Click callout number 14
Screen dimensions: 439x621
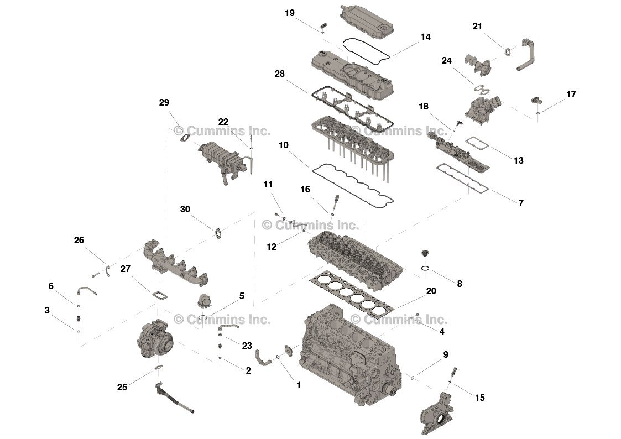coord(425,37)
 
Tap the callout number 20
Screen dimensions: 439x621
coord(431,291)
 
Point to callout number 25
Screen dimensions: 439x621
coord(122,387)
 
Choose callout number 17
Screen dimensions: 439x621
coord(571,95)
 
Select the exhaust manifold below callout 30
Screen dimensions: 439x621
coord(171,263)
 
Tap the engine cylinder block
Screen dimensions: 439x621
coord(346,348)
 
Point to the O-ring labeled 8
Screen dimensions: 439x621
coord(424,269)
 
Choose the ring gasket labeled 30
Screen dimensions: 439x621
coord(218,232)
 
